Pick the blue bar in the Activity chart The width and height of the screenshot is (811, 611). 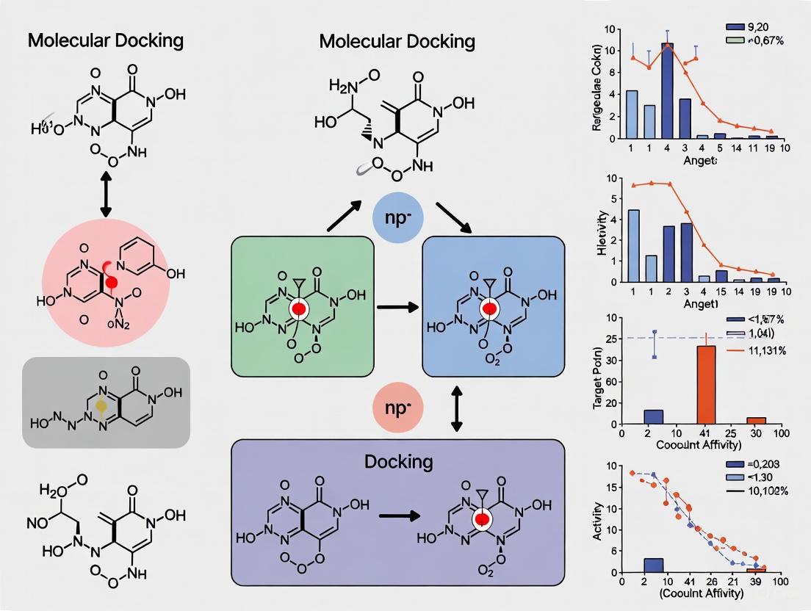click(x=653, y=565)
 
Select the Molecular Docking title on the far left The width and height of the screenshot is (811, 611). click(x=105, y=40)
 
